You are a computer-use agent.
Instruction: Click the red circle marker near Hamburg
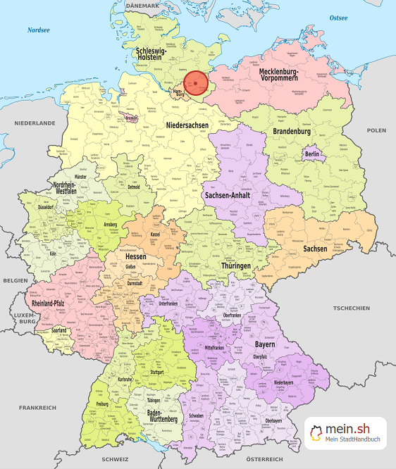pos(197,83)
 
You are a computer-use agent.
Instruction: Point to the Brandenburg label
pos(292,132)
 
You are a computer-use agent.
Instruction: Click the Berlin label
pos(312,154)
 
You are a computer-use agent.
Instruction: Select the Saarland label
pos(59,330)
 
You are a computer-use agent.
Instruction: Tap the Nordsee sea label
pos(39,30)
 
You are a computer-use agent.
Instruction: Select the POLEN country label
pos(376,130)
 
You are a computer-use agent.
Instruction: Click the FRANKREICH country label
pos(37,408)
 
